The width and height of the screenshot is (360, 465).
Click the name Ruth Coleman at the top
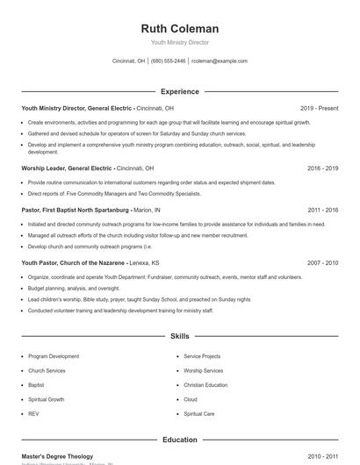(x=180, y=28)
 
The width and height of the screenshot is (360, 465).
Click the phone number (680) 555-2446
(x=169, y=61)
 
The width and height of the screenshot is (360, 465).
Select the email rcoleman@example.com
(x=220, y=61)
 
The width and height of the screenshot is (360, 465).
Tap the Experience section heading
(x=180, y=91)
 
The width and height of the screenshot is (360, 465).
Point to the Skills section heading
(x=180, y=336)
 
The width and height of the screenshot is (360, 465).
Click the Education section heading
(x=180, y=440)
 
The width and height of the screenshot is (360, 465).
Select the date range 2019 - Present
(x=319, y=108)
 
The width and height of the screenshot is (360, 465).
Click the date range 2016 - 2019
(x=323, y=168)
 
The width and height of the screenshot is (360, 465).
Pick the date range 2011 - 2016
(x=323, y=211)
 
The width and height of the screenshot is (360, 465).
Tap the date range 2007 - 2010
(x=323, y=262)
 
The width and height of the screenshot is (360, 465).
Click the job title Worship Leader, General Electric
(x=68, y=168)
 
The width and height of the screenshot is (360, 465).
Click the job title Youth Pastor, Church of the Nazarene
(x=73, y=262)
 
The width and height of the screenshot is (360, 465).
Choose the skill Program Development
(x=54, y=357)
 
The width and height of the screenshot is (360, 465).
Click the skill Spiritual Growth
(x=46, y=399)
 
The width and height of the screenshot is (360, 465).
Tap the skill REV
(x=33, y=413)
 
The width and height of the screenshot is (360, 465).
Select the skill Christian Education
(x=205, y=385)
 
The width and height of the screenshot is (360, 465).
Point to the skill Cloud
(x=191, y=399)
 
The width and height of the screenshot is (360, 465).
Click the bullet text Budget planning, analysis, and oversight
(x=74, y=288)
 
